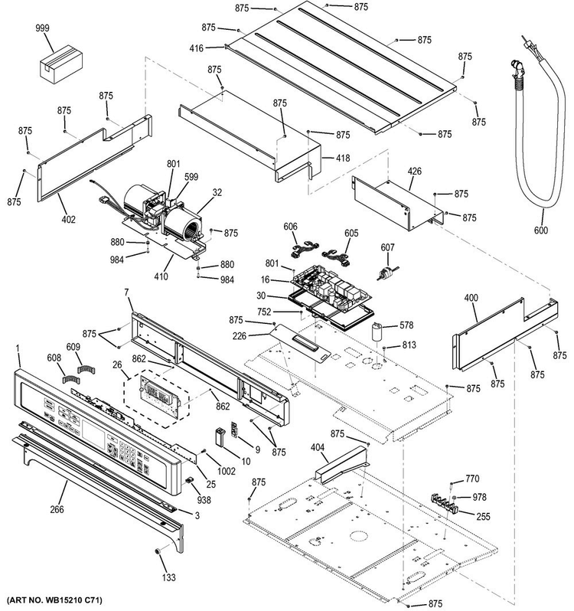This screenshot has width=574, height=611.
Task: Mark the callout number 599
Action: click(x=190, y=178)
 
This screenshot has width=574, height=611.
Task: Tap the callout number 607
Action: click(x=389, y=247)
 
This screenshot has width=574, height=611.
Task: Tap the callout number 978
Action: click(x=479, y=497)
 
